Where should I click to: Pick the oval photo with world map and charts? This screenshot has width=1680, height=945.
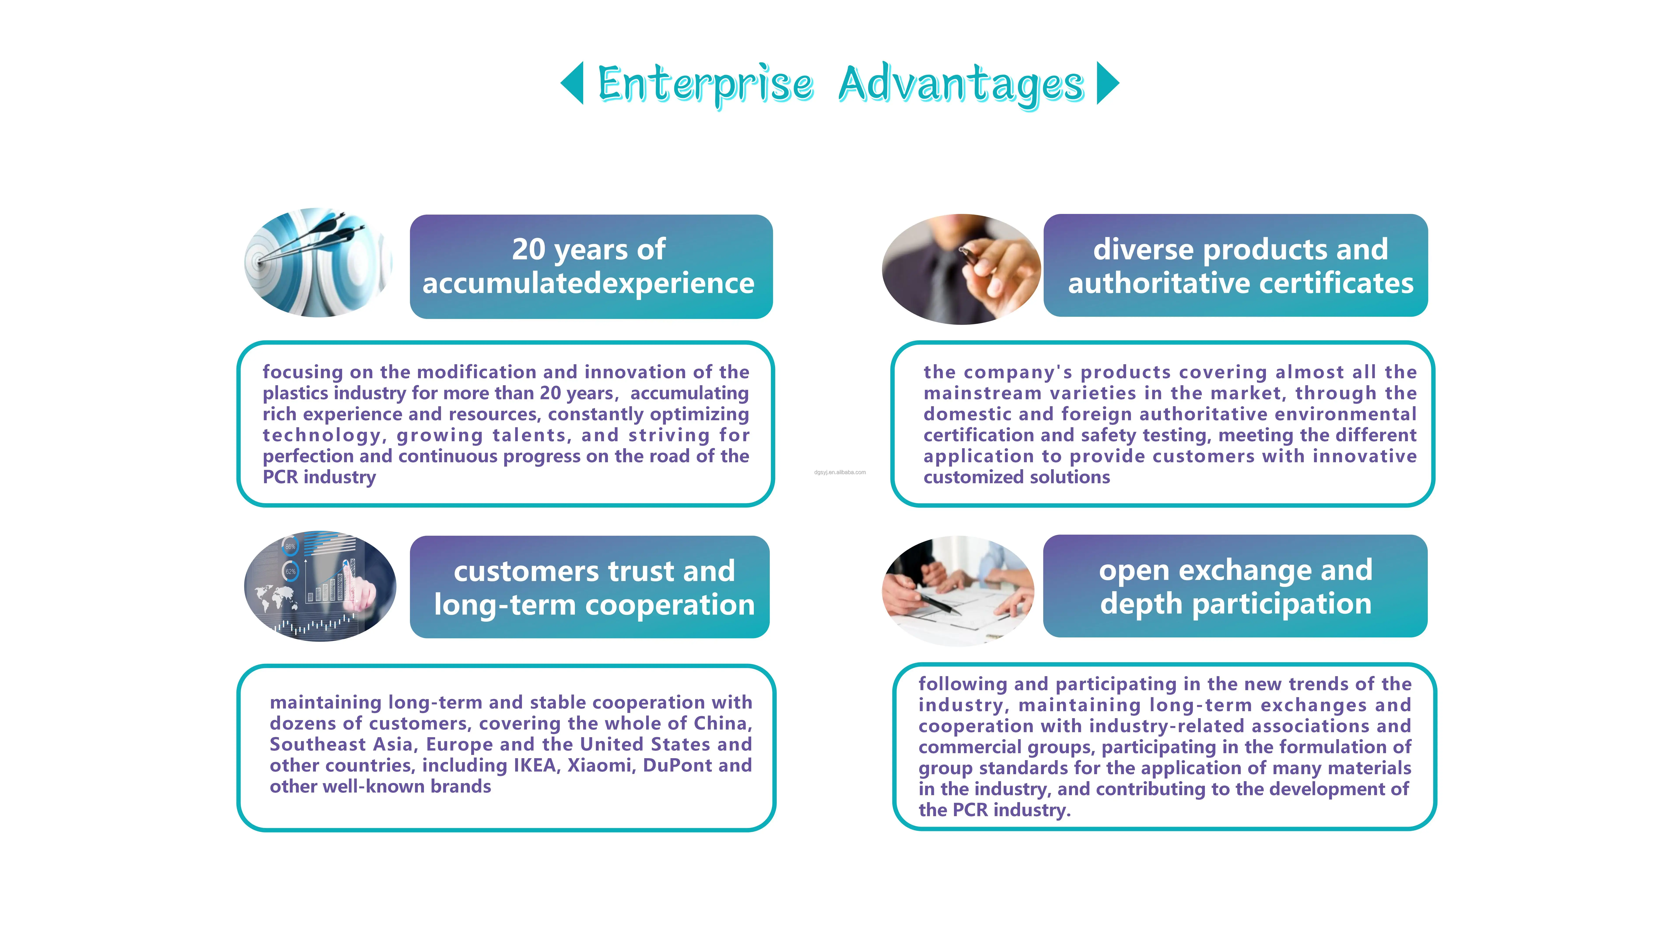(x=320, y=586)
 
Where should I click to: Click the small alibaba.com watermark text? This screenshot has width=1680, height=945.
(x=840, y=472)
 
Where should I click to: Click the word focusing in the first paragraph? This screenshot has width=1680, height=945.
(x=303, y=372)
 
